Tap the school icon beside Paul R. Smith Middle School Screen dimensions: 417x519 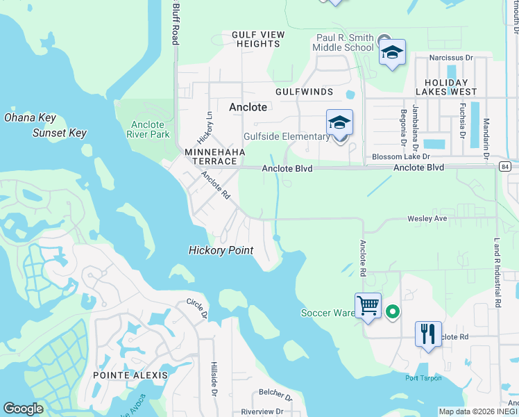(392, 52)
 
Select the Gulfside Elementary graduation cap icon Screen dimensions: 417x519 (339, 123)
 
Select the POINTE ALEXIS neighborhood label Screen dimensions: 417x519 (130, 375)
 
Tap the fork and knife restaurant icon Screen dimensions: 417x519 (428, 334)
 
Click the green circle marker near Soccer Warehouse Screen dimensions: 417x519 (392, 312)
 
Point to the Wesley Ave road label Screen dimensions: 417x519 (427, 219)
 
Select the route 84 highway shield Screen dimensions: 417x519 (504, 167)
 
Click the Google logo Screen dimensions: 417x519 (24, 409)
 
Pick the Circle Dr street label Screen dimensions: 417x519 (196, 309)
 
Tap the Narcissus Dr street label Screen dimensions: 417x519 (450, 58)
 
